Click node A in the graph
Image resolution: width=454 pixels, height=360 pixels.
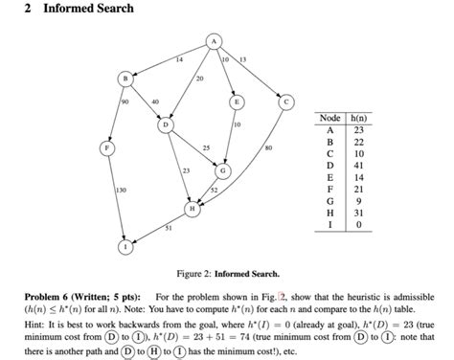(215, 41)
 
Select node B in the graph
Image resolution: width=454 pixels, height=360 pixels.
(123, 77)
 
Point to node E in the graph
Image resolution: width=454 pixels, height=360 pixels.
(235, 100)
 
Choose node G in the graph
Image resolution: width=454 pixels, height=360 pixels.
(223, 170)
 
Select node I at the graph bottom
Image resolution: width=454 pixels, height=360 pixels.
(124, 246)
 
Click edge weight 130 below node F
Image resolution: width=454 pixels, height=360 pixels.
(121, 191)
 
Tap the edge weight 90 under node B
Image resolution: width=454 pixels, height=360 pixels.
(125, 101)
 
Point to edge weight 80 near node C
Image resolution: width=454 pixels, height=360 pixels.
(268, 147)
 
